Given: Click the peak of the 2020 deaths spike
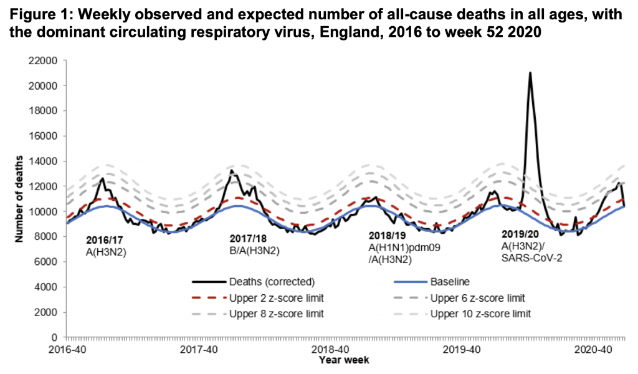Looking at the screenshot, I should pos(530,73).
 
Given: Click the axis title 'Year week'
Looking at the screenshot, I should pos(344,360).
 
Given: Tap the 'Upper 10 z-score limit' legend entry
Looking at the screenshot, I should pos(480,314).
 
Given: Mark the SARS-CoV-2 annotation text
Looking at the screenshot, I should pos(532,257).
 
